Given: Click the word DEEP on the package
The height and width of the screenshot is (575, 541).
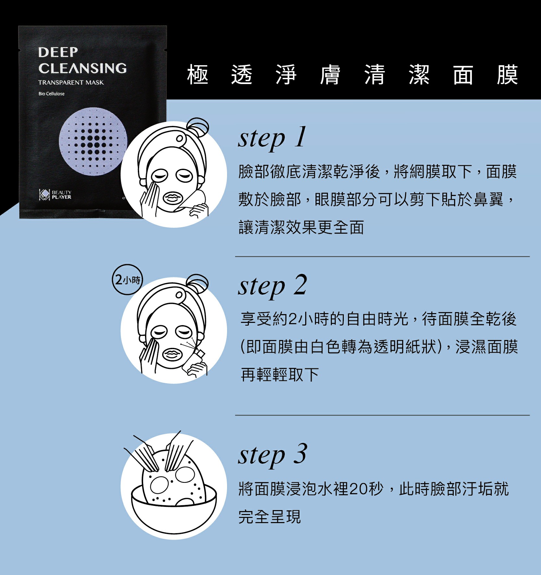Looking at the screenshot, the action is (x=58, y=52).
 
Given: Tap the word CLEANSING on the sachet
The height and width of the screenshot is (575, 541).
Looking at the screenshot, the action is (x=82, y=68).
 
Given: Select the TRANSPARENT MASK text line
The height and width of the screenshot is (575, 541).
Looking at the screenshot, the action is (x=71, y=82).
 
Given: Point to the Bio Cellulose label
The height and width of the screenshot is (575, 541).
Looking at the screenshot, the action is (x=51, y=94).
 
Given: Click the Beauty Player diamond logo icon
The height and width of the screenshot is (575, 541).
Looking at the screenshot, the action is (x=44, y=194).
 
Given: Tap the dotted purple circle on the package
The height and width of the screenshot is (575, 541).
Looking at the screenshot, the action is (x=93, y=141).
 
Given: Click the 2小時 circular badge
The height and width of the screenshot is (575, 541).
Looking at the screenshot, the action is (x=127, y=280).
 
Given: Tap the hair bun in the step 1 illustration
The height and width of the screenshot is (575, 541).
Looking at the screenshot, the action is (x=197, y=127).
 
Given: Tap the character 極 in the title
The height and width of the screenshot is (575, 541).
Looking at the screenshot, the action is (x=198, y=75).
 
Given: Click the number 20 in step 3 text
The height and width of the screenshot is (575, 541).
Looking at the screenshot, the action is (x=359, y=489).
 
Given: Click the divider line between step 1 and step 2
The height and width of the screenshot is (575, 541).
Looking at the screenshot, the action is (x=382, y=257).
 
